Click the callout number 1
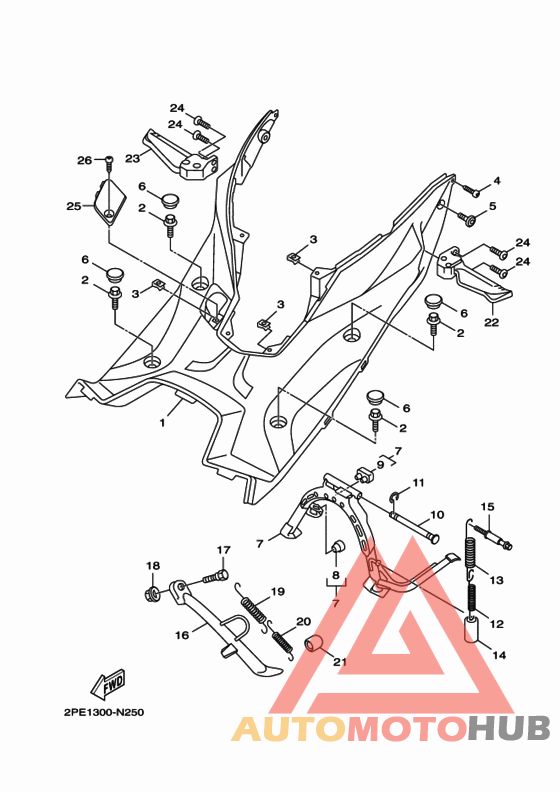tap(162, 424)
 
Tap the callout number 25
tap(73, 207)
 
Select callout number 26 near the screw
tap(84, 160)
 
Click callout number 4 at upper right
tap(497, 181)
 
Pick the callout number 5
tap(492, 207)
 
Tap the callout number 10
tap(436, 516)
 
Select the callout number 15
tap(489, 507)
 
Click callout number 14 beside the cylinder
tap(500, 654)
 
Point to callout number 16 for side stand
tap(182, 634)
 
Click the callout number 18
tap(152, 566)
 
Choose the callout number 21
tap(338, 660)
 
